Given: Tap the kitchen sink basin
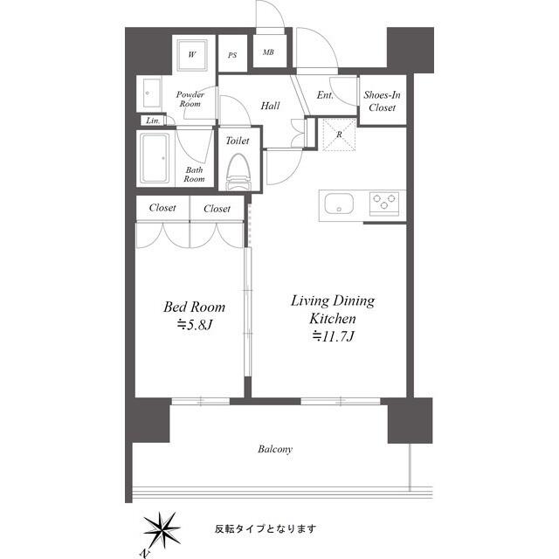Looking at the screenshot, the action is click(x=339, y=204).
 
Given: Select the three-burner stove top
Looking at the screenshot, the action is click(x=384, y=204).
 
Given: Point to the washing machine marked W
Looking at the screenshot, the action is click(x=192, y=54).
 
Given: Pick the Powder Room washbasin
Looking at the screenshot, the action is click(x=152, y=93).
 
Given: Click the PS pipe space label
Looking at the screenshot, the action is click(x=232, y=55).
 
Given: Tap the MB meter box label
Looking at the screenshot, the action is click(x=268, y=52).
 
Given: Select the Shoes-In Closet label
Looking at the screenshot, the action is click(x=383, y=101).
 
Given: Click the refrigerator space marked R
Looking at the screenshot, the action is click(x=339, y=135).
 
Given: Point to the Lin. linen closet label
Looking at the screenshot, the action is click(x=153, y=121).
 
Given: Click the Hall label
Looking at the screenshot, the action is click(x=270, y=106).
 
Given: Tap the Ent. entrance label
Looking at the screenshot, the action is click(x=325, y=95).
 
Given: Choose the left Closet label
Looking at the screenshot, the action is click(x=162, y=208).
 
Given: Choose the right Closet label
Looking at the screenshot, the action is click(x=217, y=209).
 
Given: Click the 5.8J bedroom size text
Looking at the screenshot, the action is click(x=195, y=325).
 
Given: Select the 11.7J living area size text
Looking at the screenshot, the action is click(x=333, y=336).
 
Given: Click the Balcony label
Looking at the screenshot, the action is click(x=275, y=449).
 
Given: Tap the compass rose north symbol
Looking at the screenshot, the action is click(x=162, y=530).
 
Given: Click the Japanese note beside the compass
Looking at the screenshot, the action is click(x=266, y=528).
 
